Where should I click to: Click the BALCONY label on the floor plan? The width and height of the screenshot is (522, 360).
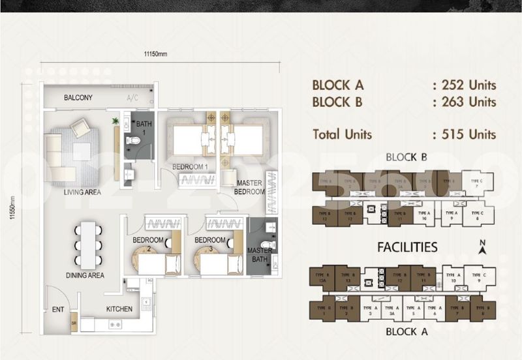(x=78, y=98)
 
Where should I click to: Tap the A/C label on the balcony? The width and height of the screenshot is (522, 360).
(x=132, y=98)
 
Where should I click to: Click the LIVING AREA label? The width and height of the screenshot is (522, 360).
(x=82, y=192)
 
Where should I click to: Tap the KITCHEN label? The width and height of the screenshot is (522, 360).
(x=119, y=309)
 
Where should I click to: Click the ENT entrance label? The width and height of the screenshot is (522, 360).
(x=57, y=310)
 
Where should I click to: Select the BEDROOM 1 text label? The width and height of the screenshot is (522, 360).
(x=190, y=168)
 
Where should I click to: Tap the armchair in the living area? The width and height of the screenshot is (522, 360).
(x=82, y=128)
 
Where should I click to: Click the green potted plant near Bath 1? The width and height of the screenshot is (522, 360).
(x=115, y=121)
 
